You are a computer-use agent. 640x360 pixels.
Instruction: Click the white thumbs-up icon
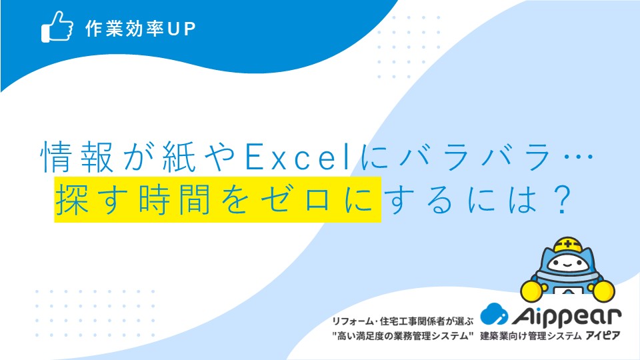coord(57,27)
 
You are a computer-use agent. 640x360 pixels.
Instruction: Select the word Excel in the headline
coord(297,157)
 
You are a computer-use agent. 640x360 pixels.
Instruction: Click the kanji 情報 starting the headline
coord(77,157)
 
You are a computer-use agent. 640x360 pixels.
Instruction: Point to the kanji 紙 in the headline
coord(179,157)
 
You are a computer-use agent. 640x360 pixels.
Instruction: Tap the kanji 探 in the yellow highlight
coord(72,199)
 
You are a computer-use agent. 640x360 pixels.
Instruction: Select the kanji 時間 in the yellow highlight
coord(175,199)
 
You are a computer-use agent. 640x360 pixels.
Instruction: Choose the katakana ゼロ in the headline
coord(295,199)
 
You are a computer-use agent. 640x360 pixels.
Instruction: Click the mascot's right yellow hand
coord(603,291)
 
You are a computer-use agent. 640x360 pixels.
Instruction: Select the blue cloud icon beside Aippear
coord(494,314)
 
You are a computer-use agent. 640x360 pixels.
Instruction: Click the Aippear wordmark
coord(567,317)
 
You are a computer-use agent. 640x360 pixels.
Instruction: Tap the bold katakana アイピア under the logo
coord(603,335)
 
